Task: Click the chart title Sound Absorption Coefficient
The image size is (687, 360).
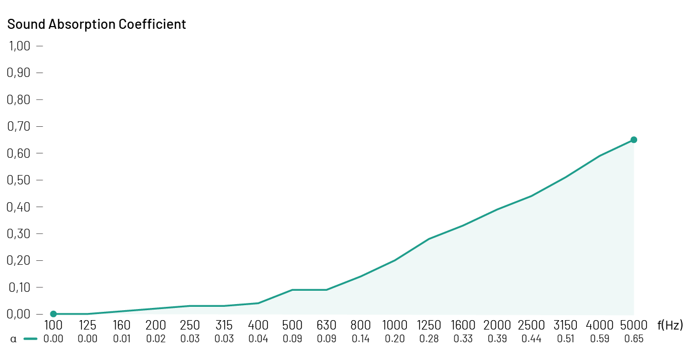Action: pos(96,24)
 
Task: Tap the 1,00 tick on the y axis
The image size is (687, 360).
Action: pos(19,46)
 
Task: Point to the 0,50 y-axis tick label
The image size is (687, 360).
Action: pos(19,180)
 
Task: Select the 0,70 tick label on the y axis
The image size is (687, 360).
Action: pos(19,126)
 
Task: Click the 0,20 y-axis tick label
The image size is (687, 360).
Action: pos(19,260)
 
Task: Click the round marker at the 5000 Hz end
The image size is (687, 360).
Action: pos(634,140)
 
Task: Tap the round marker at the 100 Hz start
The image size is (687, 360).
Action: pos(54,314)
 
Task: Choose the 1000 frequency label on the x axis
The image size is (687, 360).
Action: pos(395,325)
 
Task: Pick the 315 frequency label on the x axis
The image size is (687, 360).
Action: pos(224,325)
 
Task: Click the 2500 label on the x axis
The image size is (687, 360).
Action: pos(531,325)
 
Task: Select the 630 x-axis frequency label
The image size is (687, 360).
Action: pos(327,325)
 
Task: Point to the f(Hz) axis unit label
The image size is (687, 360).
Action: pos(670,325)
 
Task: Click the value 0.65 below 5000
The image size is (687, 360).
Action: pos(634,339)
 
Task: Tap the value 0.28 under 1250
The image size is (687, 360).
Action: pos(429,339)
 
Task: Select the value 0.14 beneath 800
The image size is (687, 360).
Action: pos(361,339)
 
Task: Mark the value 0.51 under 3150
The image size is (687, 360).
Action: pos(566,339)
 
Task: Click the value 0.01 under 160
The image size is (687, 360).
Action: pos(122,339)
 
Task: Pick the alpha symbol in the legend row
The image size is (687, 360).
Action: pos(13,339)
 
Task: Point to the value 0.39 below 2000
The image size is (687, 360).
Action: pos(497,339)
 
